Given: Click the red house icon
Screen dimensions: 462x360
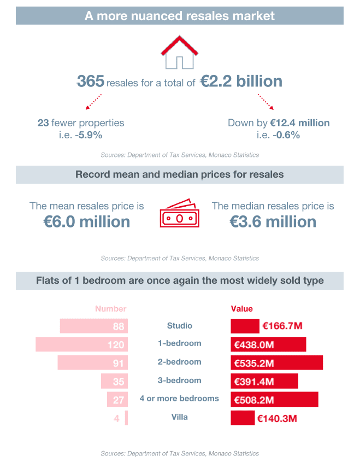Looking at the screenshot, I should [x=179, y=52].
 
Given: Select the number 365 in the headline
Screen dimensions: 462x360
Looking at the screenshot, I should [x=90, y=82].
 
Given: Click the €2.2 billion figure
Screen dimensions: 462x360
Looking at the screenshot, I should [x=241, y=82].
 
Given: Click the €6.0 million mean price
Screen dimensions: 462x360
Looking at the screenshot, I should [x=87, y=221].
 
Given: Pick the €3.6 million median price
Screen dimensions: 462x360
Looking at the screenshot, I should [x=273, y=221].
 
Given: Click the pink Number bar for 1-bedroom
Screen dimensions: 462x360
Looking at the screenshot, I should [x=81, y=344].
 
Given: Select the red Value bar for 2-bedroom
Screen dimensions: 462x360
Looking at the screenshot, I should [x=276, y=362].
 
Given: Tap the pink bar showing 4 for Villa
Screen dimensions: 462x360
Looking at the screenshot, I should [x=126, y=418].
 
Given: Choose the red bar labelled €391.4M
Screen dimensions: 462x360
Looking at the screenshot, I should [x=264, y=381].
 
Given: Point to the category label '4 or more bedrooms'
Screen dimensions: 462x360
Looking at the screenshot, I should [x=179, y=399].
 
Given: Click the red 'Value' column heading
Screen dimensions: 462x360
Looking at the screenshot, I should [x=242, y=309].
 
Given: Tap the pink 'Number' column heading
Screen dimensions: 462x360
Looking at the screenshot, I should [x=111, y=309].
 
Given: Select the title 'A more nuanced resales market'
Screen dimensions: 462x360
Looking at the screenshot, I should [x=180, y=15].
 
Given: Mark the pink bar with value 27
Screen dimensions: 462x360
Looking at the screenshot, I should [x=117, y=400].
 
